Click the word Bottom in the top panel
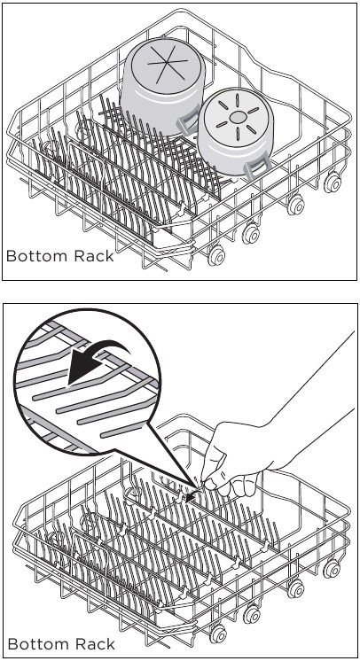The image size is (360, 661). (x=34, y=257)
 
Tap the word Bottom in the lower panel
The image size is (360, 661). (x=34, y=642)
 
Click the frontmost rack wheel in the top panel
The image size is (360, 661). (x=215, y=256)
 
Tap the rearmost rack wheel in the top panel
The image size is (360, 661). (x=333, y=182)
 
